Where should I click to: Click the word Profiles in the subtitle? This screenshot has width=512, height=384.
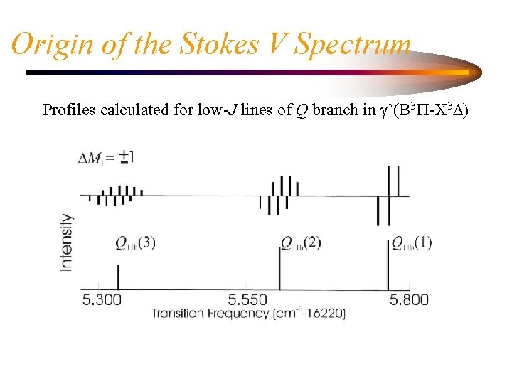tap(70, 110)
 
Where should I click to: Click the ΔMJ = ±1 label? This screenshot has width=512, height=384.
tap(107, 157)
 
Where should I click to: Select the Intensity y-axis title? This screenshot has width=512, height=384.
tap(66, 242)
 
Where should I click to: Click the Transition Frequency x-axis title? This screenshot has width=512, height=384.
tap(248, 313)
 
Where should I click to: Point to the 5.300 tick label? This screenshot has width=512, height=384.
tap(102, 299)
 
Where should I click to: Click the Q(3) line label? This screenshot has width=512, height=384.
tap(135, 243)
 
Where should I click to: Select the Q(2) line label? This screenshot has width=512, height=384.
tap(301, 243)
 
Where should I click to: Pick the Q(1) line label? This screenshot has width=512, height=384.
tap(412, 243)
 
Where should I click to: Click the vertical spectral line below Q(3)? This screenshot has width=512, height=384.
tap(118, 276)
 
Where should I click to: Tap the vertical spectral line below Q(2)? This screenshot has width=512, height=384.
tap(279, 267)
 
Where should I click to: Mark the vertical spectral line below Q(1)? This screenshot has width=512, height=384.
tap(388, 267)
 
